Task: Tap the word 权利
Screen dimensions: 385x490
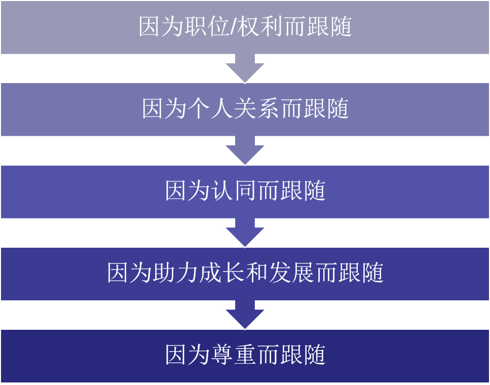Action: pos(254,27)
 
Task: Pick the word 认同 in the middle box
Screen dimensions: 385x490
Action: pos(234,191)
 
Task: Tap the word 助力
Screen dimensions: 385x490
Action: pos(176,273)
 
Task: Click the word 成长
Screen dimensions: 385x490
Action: pos(222,273)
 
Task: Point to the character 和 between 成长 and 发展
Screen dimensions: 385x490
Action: pos(256,273)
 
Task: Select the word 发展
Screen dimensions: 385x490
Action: pos(291,273)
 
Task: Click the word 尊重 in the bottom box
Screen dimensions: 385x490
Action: pos(234,355)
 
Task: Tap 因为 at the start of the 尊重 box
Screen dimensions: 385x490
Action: pos(187,355)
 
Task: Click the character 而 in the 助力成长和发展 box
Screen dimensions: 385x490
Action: pos(326,273)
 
